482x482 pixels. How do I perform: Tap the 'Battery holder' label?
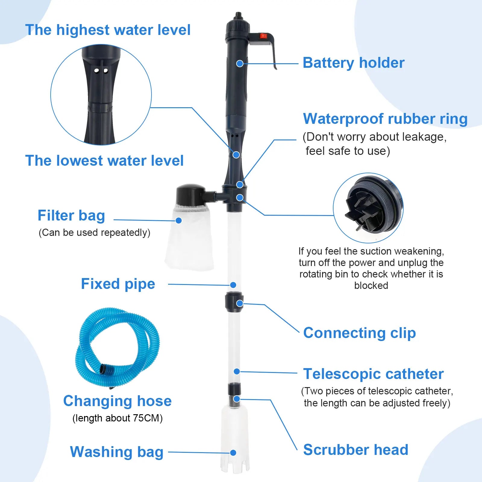pyautogui.click(x=353, y=63)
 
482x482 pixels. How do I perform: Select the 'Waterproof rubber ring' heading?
pyautogui.click(x=385, y=119)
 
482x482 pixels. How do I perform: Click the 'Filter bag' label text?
pyautogui.click(x=71, y=216)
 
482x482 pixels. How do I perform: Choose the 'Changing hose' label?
pyautogui.click(x=117, y=401)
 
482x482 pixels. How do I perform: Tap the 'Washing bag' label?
pyautogui.click(x=117, y=452)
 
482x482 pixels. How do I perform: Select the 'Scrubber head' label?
pyautogui.click(x=355, y=450)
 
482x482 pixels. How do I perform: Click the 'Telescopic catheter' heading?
pyautogui.click(x=373, y=374)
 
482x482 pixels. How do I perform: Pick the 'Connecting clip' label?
pyautogui.click(x=359, y=333)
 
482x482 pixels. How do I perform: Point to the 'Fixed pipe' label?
pyautogui.click(x=118, y=284)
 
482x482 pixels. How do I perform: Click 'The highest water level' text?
pyautogui.click(x=108, y=30)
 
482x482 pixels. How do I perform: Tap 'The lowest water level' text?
pyautogui.click(x=104, y=161)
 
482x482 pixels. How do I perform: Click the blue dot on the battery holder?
pyautogui.click(x=240, y=64)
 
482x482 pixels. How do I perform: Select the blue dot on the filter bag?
pyautogui.click(x=179, y=221)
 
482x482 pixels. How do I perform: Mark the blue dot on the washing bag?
pyautogui.click(x=233, y=453)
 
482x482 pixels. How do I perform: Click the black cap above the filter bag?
pyautogui.click(x=190, y=194)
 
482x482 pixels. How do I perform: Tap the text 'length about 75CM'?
pyautogui.click(x=117, y=418)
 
